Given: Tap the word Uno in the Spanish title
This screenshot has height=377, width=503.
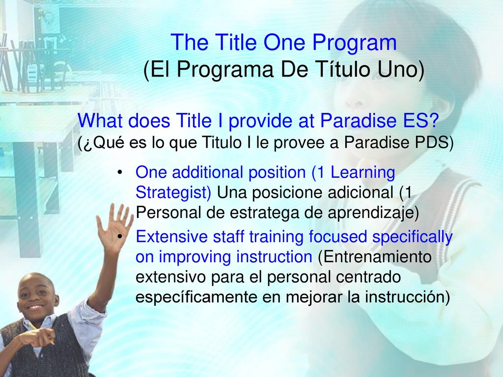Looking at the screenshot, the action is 401,69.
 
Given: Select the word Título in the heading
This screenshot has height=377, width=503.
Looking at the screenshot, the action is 344,69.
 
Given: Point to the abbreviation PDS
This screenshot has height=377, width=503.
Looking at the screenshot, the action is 432,142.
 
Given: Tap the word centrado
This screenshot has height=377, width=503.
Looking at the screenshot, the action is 368,277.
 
